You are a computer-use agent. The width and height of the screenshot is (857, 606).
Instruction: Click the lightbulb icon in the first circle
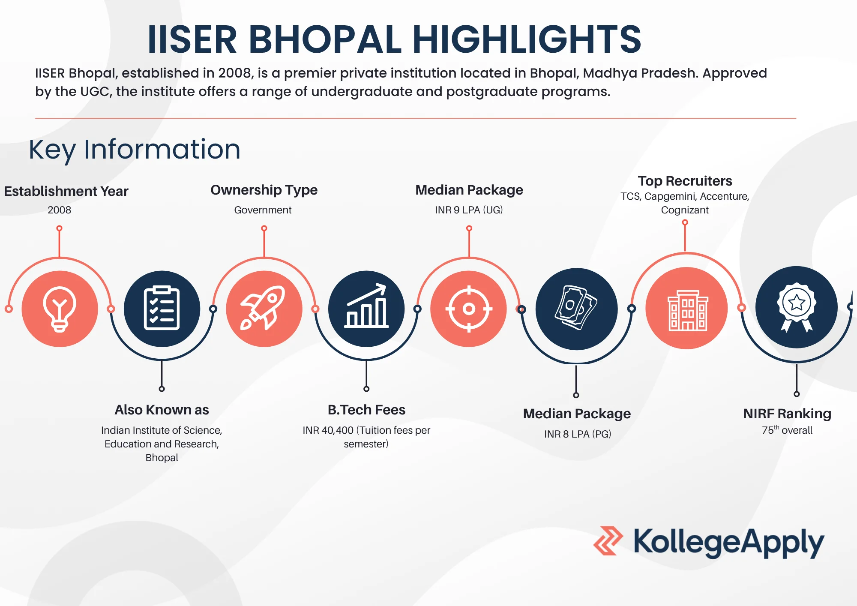click(60, 309)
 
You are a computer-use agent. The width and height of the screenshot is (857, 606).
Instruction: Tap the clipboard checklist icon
click(162, 308)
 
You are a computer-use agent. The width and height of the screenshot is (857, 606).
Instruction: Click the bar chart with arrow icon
click(366, 307)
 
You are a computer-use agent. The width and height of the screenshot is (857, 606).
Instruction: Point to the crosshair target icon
click(469, 309)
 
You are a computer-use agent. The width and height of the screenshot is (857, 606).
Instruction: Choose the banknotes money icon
click(576, 308)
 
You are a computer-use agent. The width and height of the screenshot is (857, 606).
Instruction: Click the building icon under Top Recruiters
click(687, 309)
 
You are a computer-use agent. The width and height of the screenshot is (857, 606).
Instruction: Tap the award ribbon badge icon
click(797, 307)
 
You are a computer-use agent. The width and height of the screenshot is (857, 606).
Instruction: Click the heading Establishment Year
click(66, 191)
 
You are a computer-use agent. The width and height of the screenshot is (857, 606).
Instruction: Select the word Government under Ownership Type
click(263, 210)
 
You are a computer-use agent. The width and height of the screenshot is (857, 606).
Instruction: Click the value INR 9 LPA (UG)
click(469, 210)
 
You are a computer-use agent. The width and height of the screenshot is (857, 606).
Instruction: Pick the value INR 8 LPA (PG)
click(577, 434)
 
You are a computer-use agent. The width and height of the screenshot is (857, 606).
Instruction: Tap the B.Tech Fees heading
click(366, 410)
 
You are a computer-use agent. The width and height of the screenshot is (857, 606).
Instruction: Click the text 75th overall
click(787, 430)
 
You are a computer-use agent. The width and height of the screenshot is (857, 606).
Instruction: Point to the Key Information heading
click(135, 150)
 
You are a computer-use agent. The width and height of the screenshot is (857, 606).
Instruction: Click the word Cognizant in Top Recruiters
click(684, 210)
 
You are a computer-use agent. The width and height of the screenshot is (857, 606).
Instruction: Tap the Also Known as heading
click(162, 410)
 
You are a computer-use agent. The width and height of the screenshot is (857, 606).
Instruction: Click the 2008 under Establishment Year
click(59, 210)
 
